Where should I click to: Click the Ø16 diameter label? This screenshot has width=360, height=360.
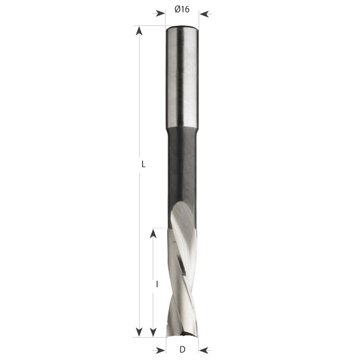pos(181,9)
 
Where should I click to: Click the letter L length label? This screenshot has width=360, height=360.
pos(143,164)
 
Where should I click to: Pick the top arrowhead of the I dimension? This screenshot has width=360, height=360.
pos(153,233)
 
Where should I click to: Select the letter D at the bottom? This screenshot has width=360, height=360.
pos(182,348)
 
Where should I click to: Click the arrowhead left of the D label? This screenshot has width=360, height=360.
pos(161,348)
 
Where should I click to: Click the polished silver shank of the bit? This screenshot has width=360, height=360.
pos(182,74)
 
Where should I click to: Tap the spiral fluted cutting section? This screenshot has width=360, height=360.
pos(182,273)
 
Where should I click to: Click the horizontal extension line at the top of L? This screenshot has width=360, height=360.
pos(149,26)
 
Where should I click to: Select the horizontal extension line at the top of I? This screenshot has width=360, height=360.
pos(160,228)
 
